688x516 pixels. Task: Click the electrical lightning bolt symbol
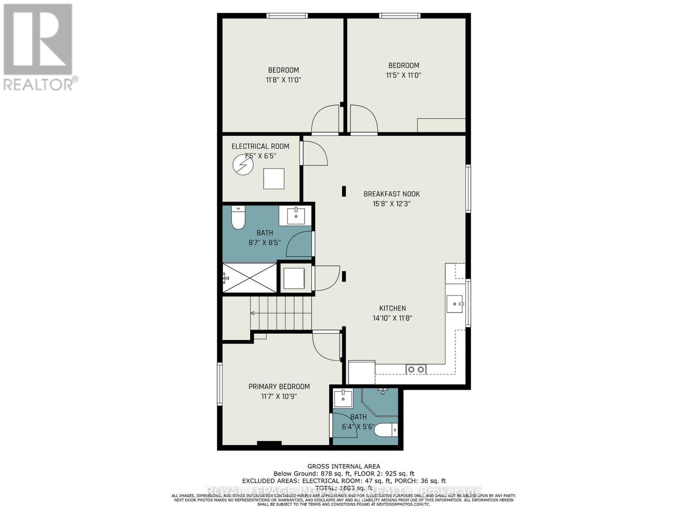point(243,165)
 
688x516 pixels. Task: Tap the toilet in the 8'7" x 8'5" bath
point(238,218)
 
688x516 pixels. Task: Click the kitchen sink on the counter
point(455,304)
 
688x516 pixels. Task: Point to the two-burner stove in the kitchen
point(416,369)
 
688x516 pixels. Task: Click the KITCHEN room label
point(392,308)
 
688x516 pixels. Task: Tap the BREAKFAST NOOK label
point(391,194)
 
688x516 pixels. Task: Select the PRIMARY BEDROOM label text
point(279,387)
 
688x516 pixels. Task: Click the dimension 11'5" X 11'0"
point(403,75)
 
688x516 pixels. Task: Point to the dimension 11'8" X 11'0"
point(283,80)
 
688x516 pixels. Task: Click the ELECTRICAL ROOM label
point(260,146)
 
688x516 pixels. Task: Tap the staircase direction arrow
point(254,313)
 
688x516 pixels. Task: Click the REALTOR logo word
point(39,84)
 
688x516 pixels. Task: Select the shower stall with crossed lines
point(250,278)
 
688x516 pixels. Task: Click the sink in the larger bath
point(295,215)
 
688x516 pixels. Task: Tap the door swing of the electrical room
point(314,154)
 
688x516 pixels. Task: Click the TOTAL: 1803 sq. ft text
point(344,488)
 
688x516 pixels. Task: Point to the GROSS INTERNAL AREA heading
point(344,466)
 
